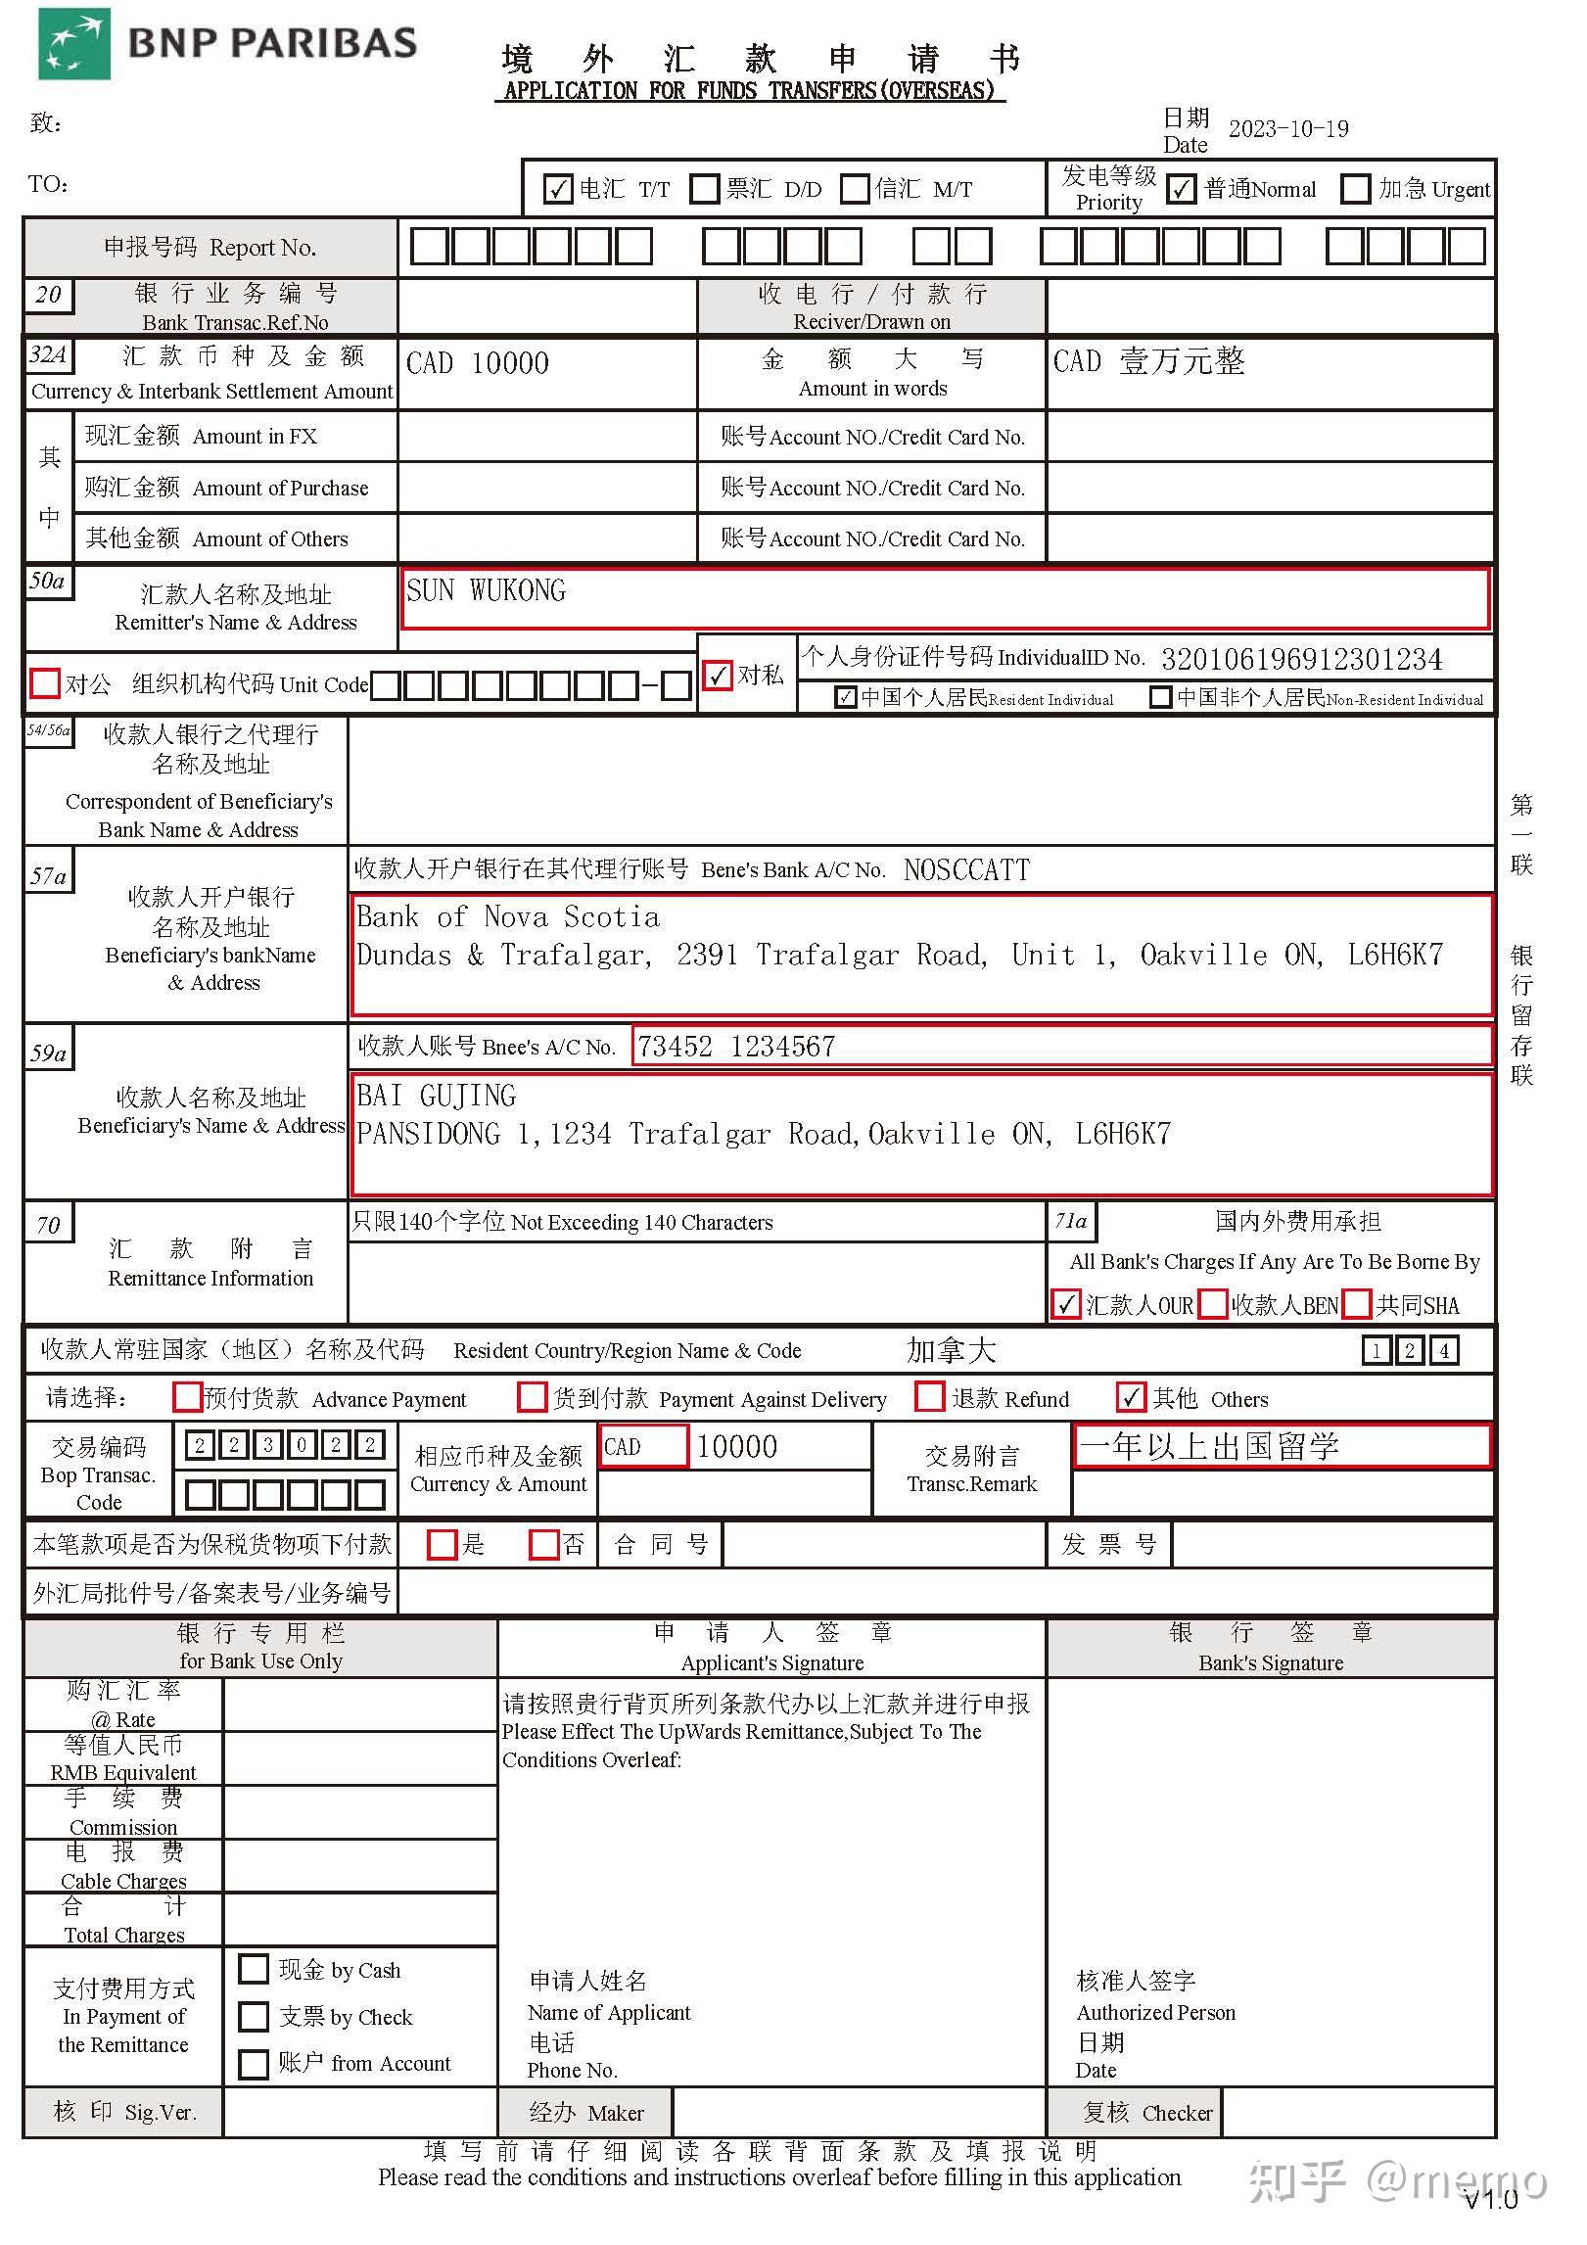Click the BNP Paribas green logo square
pos(73,45)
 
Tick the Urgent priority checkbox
pos(1355,189)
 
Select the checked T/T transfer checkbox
pos(557,189)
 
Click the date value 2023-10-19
pos(1288,129)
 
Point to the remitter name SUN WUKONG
pos(486,591)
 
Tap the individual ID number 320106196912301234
pos(1301,659)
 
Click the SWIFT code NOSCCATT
pos(966,870)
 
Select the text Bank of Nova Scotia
pos(508,917)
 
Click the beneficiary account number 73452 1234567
pos(736,1047)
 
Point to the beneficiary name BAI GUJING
pos(436,1096)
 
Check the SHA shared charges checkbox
pos(1357,1304)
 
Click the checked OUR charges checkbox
pos(1066,1304)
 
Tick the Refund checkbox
pos(929,1397)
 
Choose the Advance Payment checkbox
pos(187,1397)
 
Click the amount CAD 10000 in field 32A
pos(478,364)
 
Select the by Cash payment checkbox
pos(254,1969)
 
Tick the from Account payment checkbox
pos(254,2064)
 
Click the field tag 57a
pos(48,876)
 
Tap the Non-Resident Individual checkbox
pos(1160,698)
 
